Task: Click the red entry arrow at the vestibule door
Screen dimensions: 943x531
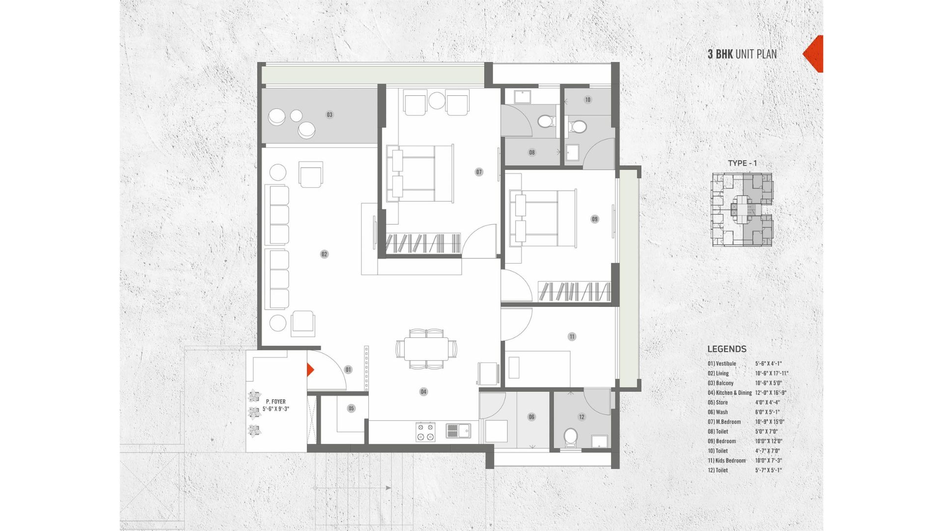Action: tap(310, 370)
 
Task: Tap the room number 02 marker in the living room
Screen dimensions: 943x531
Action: tap(324, 254)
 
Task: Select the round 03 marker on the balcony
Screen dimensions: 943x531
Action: tap(330, 115)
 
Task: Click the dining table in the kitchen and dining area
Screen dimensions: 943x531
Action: tap(426, 349)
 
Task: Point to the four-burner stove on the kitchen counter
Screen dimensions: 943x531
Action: tap(425, 431)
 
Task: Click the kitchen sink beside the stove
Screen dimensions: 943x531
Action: tap(458, 431)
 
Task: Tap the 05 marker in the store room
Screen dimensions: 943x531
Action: tap(351, 408)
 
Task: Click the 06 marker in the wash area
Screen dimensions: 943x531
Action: tap(531, 417)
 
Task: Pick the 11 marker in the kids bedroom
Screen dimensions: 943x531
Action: tap(572, 337)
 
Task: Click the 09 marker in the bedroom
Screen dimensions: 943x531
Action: tap(595, 219)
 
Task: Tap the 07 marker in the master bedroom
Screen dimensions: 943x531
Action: tap(479, 172)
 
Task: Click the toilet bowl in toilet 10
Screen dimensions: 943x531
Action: tap(578, 127)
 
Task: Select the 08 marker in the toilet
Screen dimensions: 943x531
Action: tap(532, 152)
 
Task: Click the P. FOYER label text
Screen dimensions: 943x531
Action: tap(276, 402)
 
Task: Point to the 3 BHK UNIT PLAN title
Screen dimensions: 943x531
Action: tap(742, 54)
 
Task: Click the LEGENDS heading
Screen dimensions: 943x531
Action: tap(727, 349)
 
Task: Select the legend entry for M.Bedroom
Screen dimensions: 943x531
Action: tap(724, 422)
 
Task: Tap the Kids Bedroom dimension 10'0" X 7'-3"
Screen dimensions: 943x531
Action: tap(768, 461)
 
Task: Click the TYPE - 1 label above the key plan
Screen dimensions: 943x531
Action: tap(742, 163)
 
